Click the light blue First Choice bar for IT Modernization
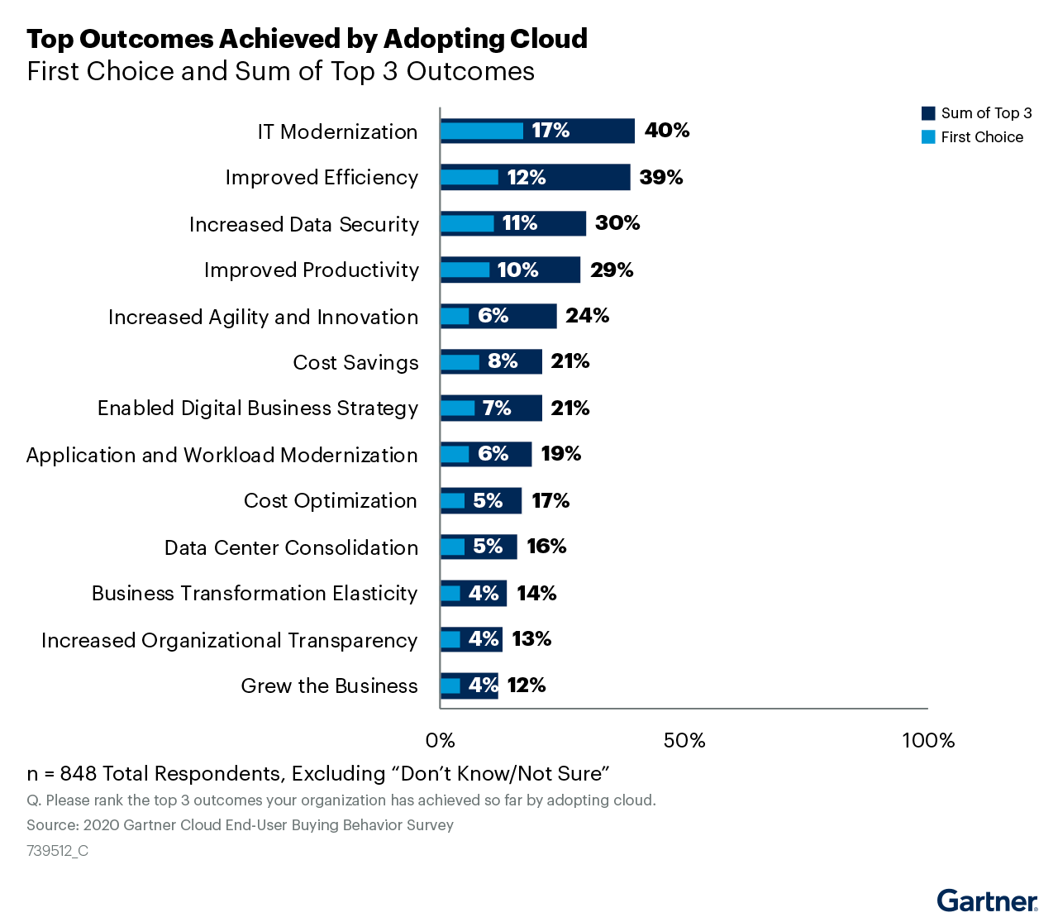tap(481, 131)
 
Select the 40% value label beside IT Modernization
tap(667, 131)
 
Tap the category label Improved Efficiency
tap(322, 178)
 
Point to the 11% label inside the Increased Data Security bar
tap(520, 223)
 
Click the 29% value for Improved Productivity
tap(612, 270)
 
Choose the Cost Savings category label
tap(355, 363)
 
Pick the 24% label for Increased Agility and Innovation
tap(587, 316)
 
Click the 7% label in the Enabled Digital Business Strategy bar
tap(497, 408)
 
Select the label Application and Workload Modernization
tap(222, 456)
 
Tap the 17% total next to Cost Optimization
tap(550, 501)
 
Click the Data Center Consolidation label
tap(291, 548)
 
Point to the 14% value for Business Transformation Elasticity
tap(536, 594)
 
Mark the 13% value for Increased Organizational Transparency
tap(531, 639)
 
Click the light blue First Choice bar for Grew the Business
tap(450, 686)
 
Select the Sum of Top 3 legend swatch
tap(928, 113)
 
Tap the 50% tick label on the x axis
tap(684, 741)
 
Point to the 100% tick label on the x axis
tap(927, 741)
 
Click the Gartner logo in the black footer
tap(987, 901)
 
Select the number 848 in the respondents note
tap(79, 774)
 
